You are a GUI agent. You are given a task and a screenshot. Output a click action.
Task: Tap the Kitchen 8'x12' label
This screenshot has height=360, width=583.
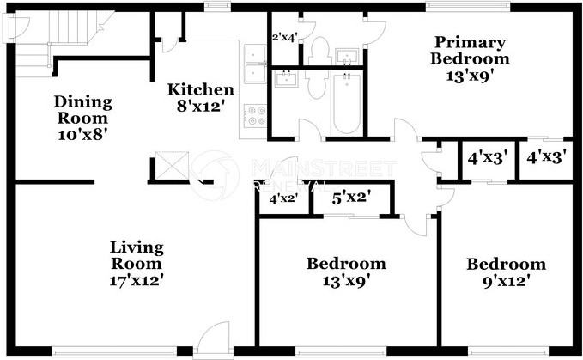click(200, 97)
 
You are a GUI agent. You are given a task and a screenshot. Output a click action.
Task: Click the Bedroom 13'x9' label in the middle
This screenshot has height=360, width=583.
click(346, 272)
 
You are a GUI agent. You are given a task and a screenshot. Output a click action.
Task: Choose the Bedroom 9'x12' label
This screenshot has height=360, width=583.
click(506, 272)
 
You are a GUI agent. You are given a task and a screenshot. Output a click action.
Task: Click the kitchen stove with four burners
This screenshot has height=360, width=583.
click(253, 116)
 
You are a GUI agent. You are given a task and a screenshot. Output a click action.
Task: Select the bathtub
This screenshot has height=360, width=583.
click(346, 103)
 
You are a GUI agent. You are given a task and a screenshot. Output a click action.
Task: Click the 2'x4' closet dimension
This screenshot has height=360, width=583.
click(283, 37)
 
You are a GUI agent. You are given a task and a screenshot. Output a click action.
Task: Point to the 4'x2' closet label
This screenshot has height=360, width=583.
click(284, 199)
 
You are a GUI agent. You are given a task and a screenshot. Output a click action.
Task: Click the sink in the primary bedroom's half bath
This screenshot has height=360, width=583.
click(348, 54)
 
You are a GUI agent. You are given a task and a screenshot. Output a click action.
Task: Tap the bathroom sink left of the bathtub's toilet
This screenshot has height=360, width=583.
click(285, 80)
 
